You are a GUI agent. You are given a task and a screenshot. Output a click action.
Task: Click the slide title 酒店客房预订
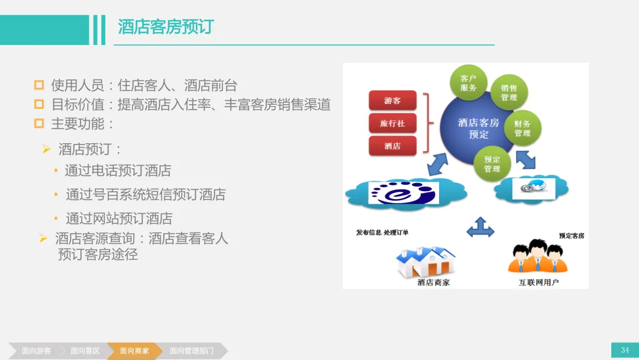point(166,27)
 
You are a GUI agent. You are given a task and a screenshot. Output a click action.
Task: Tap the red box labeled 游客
point(392,100)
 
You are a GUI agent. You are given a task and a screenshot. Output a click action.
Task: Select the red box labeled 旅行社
point(392,123)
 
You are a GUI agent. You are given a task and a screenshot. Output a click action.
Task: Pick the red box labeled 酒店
point(392,146)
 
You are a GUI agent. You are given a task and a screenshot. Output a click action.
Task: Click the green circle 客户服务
point(468,83)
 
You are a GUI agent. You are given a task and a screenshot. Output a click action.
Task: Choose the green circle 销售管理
point(509,92)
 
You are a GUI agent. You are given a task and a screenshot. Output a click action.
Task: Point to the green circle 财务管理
point(522,128)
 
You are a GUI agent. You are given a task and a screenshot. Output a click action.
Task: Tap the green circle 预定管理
point(492,164)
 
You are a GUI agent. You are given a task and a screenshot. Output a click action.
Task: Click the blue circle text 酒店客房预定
point(479,128)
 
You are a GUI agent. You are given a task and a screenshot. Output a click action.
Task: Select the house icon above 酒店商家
point(425,262)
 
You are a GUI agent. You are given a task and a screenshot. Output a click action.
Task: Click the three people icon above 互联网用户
point(538,256)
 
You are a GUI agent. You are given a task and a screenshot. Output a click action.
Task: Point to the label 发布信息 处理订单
point(382,232)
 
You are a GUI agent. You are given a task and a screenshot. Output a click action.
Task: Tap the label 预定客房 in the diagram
point(572,236)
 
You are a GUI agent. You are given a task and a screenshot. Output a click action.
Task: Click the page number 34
point(625,350)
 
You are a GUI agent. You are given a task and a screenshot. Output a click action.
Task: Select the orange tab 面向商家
point(134,351)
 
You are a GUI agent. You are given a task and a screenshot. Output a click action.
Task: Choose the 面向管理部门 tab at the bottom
point(192,351)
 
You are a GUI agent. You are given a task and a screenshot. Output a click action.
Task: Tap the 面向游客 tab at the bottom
point(36,351)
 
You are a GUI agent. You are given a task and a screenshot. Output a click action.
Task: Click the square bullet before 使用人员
point(39,85)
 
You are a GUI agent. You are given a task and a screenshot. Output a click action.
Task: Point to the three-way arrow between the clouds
point(480,227)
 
